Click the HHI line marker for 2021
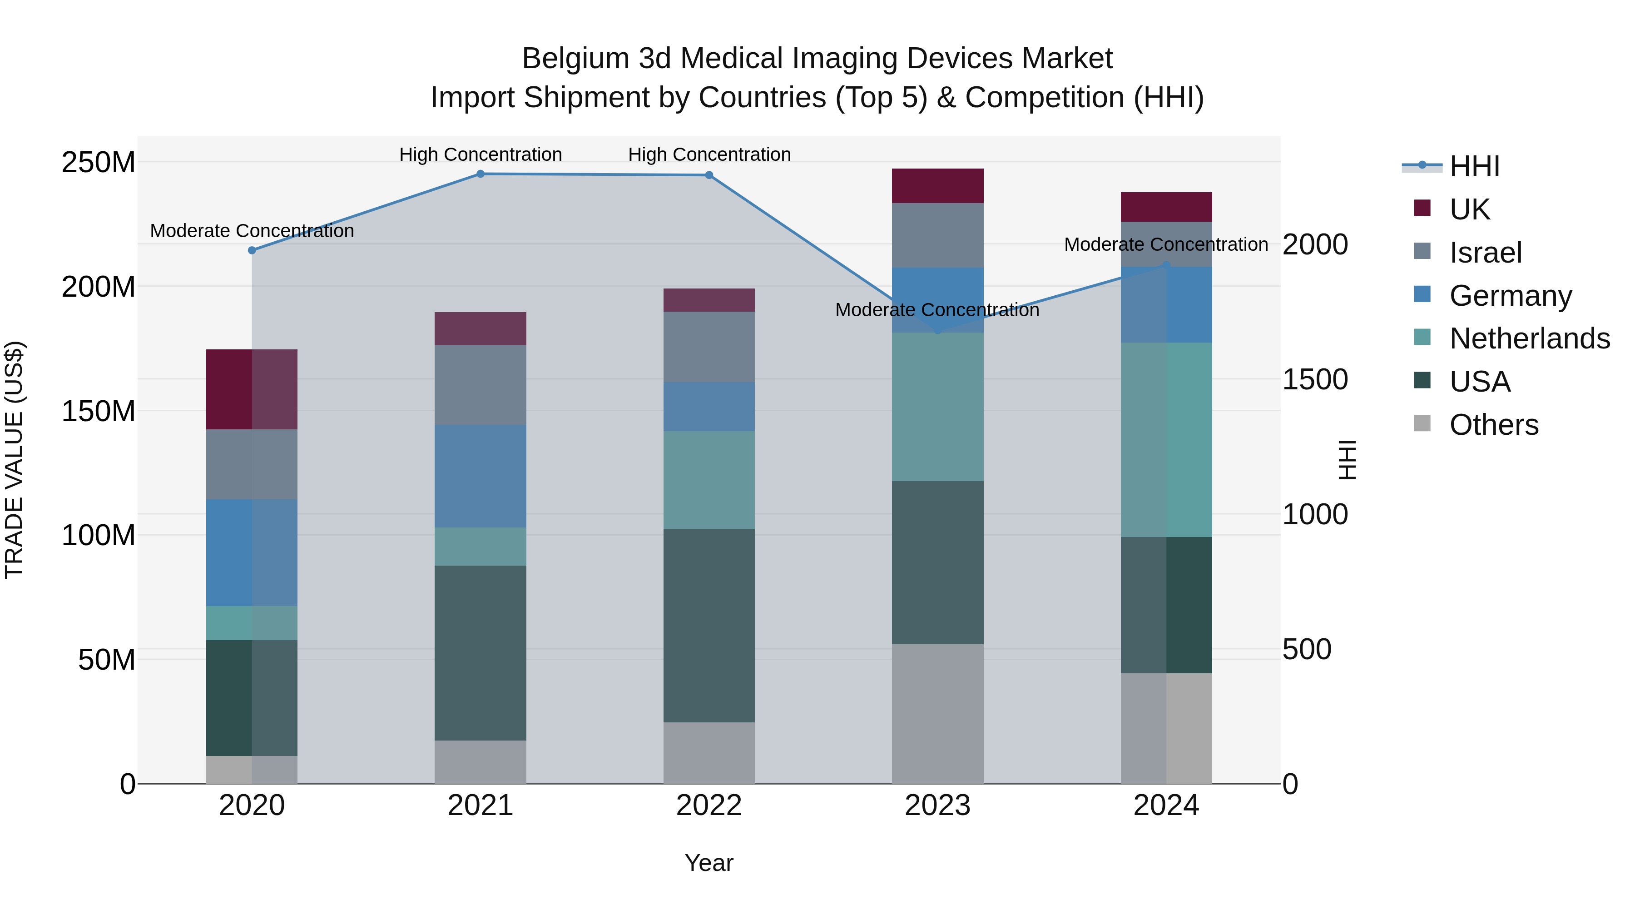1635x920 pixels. pos(481,174)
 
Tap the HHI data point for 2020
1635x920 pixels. pos(252,250)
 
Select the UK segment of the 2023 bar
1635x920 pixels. pos(937,186)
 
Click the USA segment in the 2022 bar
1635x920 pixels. pos(709,626)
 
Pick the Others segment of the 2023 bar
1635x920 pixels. pos(937,714)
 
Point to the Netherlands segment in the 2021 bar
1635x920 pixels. pos(481,547)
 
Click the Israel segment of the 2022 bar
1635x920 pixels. pos(709,347)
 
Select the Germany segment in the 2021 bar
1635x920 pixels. pos(481,476)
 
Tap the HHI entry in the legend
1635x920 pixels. pos(1474,166)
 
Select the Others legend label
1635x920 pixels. pos(1493,425)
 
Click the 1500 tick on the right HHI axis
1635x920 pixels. pos(1314,380)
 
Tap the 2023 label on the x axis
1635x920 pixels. pos(937,806)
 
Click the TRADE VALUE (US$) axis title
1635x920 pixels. pos(14,460)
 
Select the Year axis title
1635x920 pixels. pos(709,863)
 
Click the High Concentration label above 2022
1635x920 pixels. pos(709,154)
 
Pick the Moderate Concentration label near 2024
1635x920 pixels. pos(1165,244)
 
